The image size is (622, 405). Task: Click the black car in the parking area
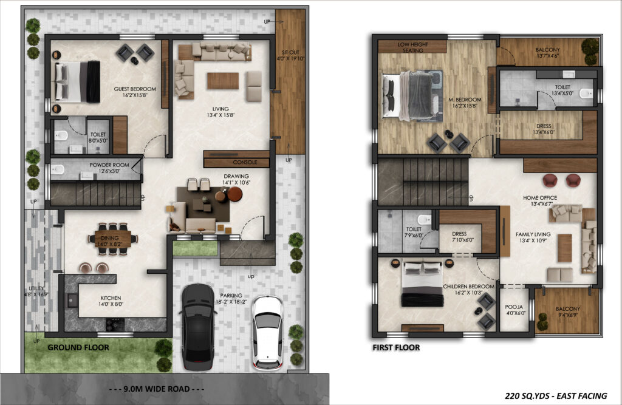(199, 327)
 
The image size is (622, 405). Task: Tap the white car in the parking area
(268, 332)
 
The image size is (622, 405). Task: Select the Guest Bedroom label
(135, 92)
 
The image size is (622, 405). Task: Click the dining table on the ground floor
(113, 239)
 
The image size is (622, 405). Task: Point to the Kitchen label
(111, 301)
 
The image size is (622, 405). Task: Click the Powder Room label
(109, 168)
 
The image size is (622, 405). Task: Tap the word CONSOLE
(245, 162)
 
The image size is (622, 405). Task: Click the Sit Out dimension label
(290, 55)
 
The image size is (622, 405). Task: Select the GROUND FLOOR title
(78, 347)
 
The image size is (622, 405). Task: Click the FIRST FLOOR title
(396, 347)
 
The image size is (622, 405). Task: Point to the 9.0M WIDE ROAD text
(157, 389)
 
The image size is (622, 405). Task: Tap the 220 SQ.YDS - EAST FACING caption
(556, 395)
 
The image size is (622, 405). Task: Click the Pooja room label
(514, 310)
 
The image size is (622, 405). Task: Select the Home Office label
(540, 201)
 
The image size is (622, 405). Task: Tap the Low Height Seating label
(412, 47)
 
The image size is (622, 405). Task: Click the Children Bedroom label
(468, 289)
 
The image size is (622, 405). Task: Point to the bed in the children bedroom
(423, 284)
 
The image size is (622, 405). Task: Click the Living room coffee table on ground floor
(223, 81)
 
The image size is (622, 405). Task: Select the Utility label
(36, 291)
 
